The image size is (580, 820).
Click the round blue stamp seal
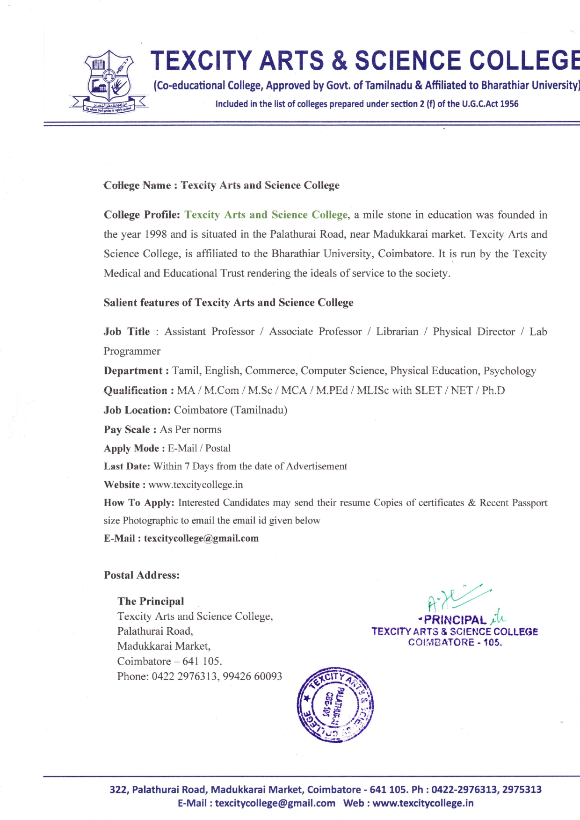tap(335, 704)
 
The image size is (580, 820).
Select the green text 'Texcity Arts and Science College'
tap(266, 215)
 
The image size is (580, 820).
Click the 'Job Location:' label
tap(137, 410)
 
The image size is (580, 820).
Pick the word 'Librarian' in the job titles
tap(397, 332)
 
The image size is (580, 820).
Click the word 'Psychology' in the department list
tap(509, 371)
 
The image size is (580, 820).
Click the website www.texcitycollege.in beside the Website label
tap(196, 485)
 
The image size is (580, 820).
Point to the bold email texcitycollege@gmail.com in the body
tap(201, 538)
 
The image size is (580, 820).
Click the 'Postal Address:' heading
tap(142, 575)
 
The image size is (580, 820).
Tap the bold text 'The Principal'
tap(151, 602)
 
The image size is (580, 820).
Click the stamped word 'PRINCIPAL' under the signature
tap(455, 620)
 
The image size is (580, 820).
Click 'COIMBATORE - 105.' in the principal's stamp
tap(455, 642)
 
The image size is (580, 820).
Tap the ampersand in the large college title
tap(339, 61)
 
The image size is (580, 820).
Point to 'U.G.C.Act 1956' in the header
tap(490, 104)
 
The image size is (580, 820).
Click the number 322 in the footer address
tap(118, 790)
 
